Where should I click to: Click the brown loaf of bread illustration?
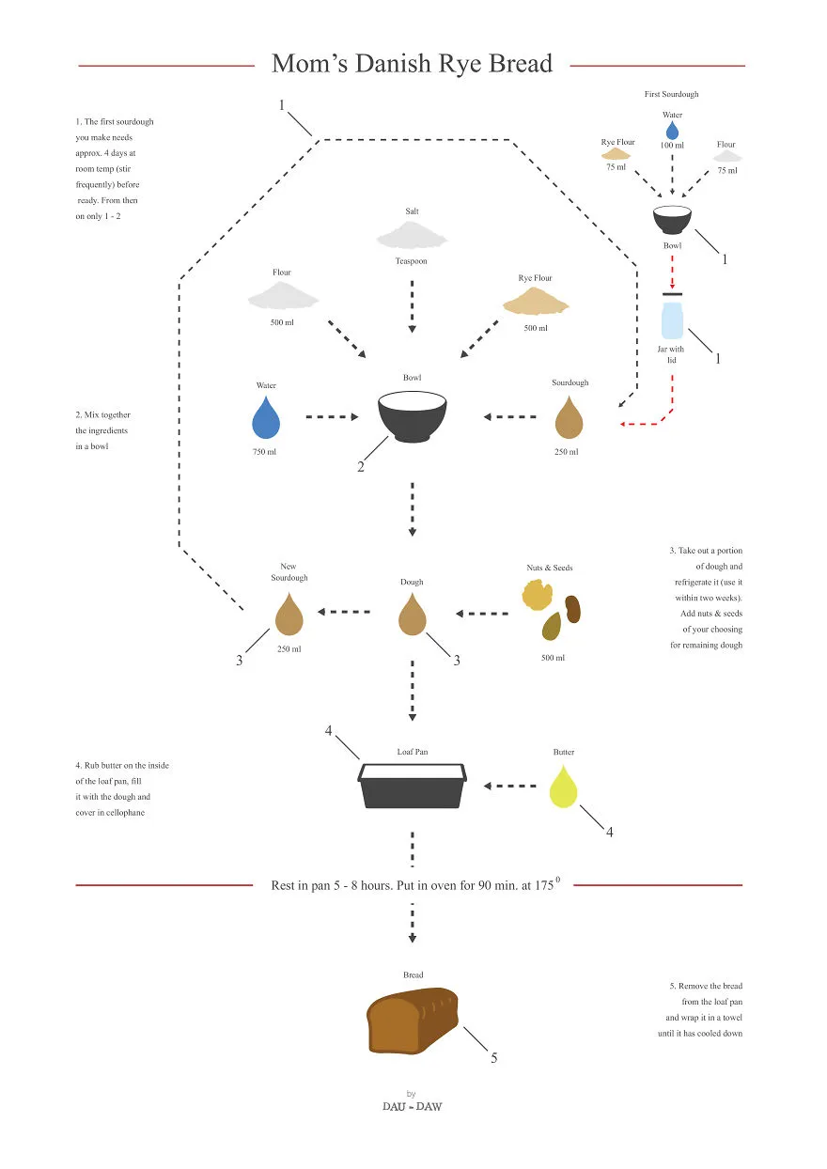click(413, 1021)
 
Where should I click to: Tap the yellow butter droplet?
click(563, 787)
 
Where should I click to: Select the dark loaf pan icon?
click(413, 786)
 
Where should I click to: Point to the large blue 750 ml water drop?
click(266, 418)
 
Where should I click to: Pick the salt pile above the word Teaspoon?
click(412, 235)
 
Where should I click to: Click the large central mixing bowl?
click(413, 416)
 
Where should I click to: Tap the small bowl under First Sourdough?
click(672, 220)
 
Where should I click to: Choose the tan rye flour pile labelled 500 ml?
click(536, 301)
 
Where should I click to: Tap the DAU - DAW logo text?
click(413, 1106)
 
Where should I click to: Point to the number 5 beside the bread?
click(493, 1058)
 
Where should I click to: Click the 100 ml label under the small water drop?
click(672, 145)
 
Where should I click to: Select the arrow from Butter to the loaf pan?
click(509, 786)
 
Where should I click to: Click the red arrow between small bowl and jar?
click(672, 273)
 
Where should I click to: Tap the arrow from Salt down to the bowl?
click(413, 307)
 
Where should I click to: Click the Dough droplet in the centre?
click(413, 615)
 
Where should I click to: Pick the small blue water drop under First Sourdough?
click(672, 131)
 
